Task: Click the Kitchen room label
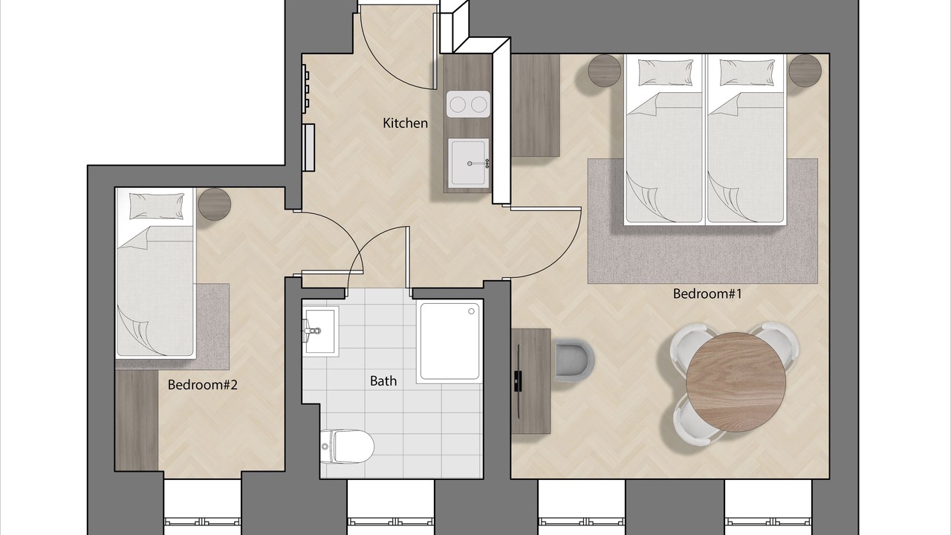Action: pyautogui.click(x=405, y=123)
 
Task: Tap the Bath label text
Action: pyautogui.click(x=383, y=381)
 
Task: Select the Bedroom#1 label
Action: pyautogui.click(x=707, y=294)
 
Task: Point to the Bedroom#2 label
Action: pyautogui.click(x=203, y=385)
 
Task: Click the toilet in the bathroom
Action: pyautogui.click(x=347, y=447)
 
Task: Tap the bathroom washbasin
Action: pyautogui.click(x=320, y=329)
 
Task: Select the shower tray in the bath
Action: pyautogui.click(x=450, y=341)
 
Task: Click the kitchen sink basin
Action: pyautogui.click(x=468, y=164)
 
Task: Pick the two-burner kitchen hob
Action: pyautogui.click(x=468, y=104)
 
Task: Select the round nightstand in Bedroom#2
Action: pyautogui.click(x=215, y=204)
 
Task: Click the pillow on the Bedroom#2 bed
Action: pyautogui.click(x=157, y=207)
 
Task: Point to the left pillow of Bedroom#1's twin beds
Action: pyautogui.click(x=665, y=73)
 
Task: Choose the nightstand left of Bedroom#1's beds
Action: pyautogui.click(x=605, y=71)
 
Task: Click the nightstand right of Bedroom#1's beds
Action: pyautogui.click(x=805, y=71)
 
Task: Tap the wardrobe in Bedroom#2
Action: pyautogui.click(x=137, y=420)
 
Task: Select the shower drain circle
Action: pyautogui.click(x=471, y=311)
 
